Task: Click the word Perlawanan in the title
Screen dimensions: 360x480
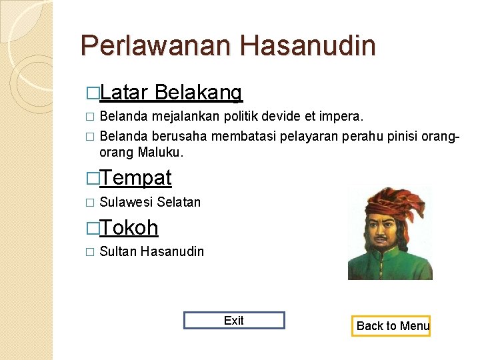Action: (156, 46)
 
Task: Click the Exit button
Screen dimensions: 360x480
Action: (234, 321)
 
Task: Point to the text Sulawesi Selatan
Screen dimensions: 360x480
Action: (149, 202)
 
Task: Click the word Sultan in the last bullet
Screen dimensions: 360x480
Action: (118, 252)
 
